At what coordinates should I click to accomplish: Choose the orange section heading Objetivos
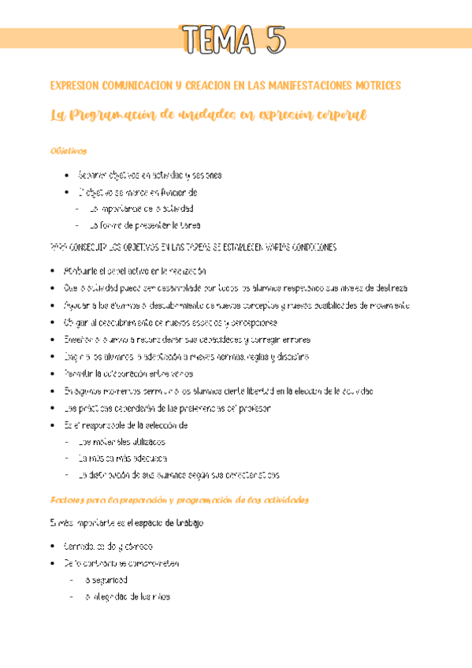point(67,150)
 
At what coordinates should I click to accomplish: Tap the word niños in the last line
point(158,596)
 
